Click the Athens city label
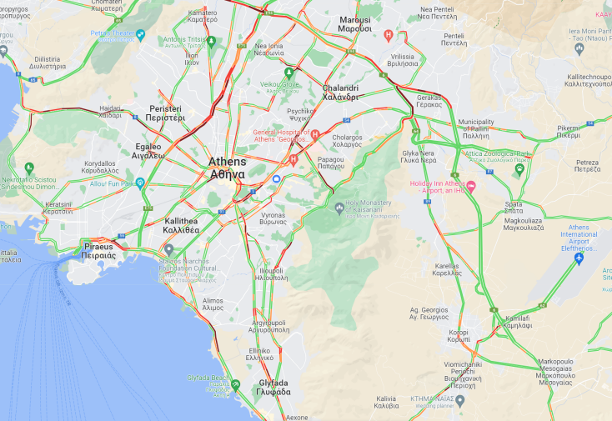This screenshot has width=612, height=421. tap(227, 168)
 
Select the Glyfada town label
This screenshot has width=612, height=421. tap(273, 388)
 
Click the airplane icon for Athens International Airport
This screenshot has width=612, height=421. tap(579, 259)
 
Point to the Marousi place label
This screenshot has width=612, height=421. tap(355, 23)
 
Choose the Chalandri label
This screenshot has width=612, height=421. tap(340, 92)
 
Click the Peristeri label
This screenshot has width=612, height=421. tap(166, 113)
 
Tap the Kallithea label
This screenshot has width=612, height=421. tap(181, 224)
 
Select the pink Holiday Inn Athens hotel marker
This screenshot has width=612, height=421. tap(470, 186)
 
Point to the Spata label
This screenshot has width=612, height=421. tap(514, 208)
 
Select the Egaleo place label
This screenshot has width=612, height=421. tap(149, 151)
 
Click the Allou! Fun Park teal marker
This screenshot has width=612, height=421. tap(140, 183)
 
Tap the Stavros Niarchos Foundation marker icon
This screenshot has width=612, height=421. tap(169, 249)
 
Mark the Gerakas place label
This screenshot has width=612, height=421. tap(429, 101)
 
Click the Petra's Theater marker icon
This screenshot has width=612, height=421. tap(140, 35)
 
